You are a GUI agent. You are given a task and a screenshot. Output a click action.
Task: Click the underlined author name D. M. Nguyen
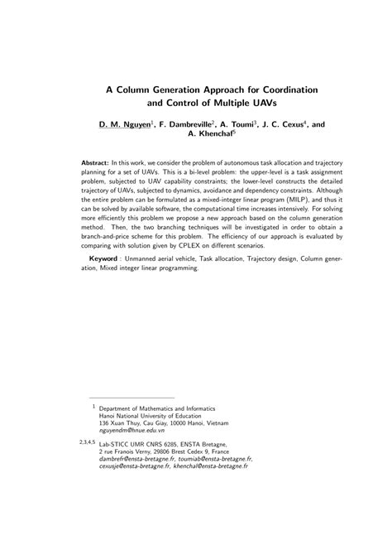(125, 125)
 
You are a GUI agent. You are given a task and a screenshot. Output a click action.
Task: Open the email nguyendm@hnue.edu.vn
(132, 455)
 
